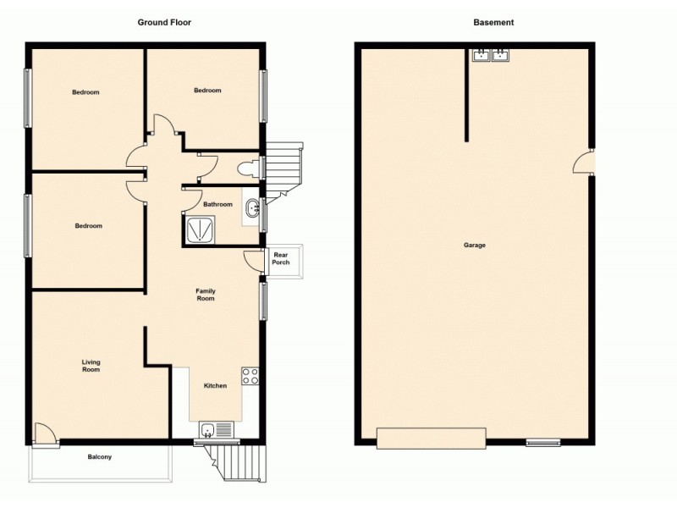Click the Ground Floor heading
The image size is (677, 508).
(164, 23)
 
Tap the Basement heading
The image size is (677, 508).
(493, 23)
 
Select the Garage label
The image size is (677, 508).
(474, 246)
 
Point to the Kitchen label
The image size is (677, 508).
(215, 386)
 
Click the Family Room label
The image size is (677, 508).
(206, 295)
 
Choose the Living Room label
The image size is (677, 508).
(91, 366)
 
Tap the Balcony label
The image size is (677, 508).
(100, 457)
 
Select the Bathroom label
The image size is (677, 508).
(217, 204)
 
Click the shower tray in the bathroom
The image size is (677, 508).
(199, 229)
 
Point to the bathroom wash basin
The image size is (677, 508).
(251, 208)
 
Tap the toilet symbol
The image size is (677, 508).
(248, 168)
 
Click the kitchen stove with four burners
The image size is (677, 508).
(250, 377)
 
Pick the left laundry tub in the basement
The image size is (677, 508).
(482, 56)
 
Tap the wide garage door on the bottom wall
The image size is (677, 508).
(431, 438)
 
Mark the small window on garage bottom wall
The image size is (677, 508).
(542, 442)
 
